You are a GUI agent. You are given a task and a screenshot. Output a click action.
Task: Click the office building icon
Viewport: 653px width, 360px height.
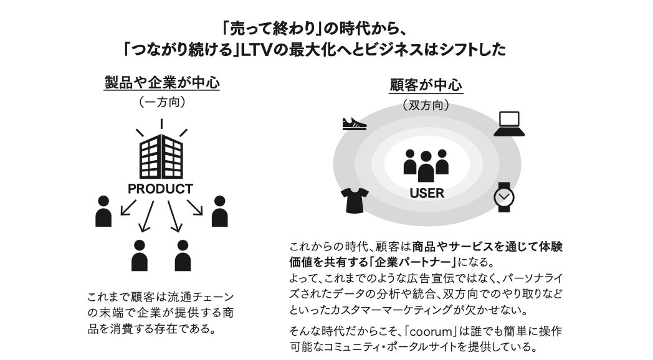click(161, 156)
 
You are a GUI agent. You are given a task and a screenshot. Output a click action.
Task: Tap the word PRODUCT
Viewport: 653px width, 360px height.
click(160, 188)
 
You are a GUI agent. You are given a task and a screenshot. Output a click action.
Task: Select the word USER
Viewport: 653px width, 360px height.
click(427, 193)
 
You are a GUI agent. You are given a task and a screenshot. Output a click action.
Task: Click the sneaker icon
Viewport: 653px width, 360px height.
click(355, 123)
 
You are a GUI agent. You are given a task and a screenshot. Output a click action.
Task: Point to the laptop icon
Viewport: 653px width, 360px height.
click(509, 124)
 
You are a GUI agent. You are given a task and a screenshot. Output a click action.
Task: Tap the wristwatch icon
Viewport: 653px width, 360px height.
click(503, 197)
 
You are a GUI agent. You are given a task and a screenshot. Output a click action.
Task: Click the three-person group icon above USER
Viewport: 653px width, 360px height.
click(426, 165)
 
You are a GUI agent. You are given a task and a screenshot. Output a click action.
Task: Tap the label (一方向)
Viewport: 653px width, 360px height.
click(161, 102)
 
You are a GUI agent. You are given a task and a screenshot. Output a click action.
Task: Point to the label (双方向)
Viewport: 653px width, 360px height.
click(426, 105)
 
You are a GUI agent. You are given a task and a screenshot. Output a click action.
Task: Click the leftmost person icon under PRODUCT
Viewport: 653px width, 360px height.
click(103, 211)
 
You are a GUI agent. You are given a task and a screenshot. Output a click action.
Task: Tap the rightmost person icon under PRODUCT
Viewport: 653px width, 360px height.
click(219, 211)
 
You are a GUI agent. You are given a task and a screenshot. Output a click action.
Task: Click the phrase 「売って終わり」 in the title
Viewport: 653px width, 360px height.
click(272, 28)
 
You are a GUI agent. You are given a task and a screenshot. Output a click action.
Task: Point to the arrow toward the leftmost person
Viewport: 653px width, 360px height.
click(129, 207)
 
